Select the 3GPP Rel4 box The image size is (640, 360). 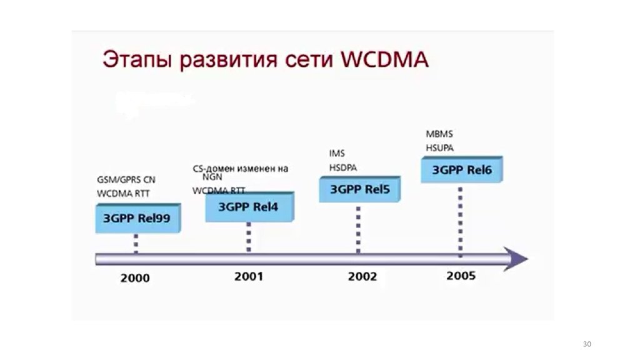click(249, 207)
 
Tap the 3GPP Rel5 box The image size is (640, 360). click(359, 189)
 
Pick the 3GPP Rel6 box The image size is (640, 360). click(461, 169)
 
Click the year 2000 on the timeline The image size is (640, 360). click(135, 277)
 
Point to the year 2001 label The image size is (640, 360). click(249, 276)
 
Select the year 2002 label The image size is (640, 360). click(362, 276)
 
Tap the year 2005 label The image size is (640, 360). click(461, 276)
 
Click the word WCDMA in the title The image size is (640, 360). click(386, 61)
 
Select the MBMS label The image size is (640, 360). click(439, 134)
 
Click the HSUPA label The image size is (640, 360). click(440, 148)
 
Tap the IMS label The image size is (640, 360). click(337, 154)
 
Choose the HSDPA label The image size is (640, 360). click(343, 167)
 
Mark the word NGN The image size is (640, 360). click(212, 177)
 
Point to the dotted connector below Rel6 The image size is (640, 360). click(461, 219)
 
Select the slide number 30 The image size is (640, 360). click(586, 344)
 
